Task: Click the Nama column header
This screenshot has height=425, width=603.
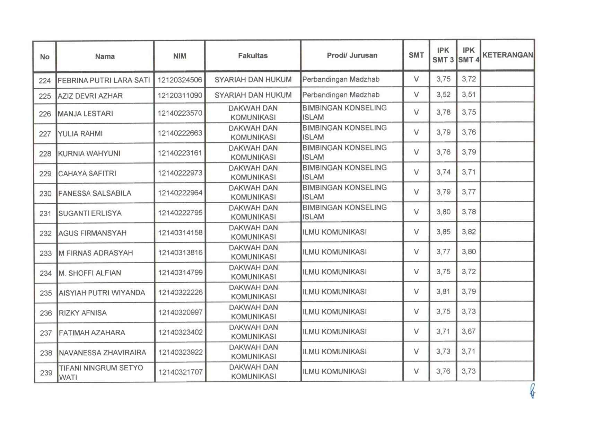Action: pos(105,56)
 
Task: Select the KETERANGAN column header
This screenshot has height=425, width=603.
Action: pos(507,55)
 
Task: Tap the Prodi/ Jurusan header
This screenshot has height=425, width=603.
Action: pos(352,55)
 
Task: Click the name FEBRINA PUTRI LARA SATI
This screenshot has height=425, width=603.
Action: pos(104,80)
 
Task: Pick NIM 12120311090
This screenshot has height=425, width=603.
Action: pos(180,95)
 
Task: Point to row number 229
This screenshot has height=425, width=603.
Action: pos(45,174)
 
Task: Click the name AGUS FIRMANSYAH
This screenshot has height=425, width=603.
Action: pos(93,233)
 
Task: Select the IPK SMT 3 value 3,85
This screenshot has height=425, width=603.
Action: pos(443,232)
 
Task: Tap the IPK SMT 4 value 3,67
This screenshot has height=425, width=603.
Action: pos(469,331)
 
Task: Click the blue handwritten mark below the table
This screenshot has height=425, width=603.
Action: pos(532,391)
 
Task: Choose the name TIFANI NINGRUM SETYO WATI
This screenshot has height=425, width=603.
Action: pos(101,372)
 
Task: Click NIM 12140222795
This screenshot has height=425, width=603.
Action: pos(180,213)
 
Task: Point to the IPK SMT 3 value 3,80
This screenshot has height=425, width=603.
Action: pos(443,212)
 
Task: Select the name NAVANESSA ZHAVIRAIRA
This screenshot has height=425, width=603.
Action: pos(103,353)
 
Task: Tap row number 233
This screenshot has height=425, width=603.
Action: pos(45,253)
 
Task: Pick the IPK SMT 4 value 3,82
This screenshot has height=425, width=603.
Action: pos(469,232)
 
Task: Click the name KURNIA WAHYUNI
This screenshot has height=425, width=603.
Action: pos(89,153)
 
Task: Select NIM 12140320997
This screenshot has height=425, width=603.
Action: pos(180,312)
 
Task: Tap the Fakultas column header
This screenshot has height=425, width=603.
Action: pos(253,56)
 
